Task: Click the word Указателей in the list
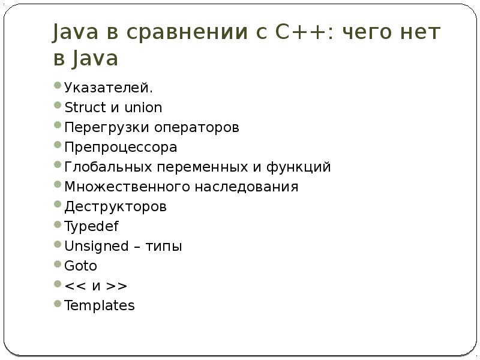(x=108, y=88)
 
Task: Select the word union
(x=144, y=108)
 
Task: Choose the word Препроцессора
(x=121, y=148)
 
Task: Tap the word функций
(x=302, y=167)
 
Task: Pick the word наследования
(x=246, y=187)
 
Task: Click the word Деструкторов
(x=115, y=207)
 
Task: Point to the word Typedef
(x=92, y=227)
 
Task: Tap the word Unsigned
(x=97, y=247)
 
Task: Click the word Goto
(x=80, y=266)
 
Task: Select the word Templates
(x=100, y=305)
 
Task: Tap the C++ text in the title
(x=305, y=32)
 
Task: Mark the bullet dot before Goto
(x=57, y=263)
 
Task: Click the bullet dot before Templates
(x=57, y=303)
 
